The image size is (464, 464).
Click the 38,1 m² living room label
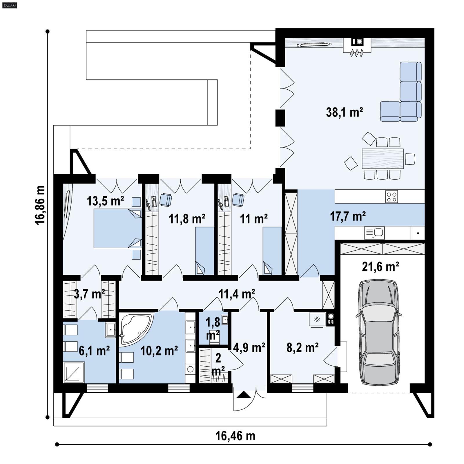pos(344,112)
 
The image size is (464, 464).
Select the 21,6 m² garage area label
pos(380,267)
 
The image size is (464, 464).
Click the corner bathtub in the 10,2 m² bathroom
pos(135,329)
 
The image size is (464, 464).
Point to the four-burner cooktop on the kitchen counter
pos(391,196)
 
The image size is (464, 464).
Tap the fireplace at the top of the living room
pos(357,45)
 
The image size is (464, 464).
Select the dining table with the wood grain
pos(383,159)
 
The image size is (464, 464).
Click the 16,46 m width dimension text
pos(235,436)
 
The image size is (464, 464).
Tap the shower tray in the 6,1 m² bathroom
pos(74,372)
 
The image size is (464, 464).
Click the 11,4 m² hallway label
pos(237,294)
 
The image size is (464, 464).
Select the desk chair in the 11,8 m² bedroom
pos(166,200)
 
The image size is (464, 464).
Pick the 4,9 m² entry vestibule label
pos(249,347)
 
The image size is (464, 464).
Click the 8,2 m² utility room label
pos(302,347)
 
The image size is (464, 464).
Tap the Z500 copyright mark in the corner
pos(9,5)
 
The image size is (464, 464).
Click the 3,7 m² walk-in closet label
pos(89,294)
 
